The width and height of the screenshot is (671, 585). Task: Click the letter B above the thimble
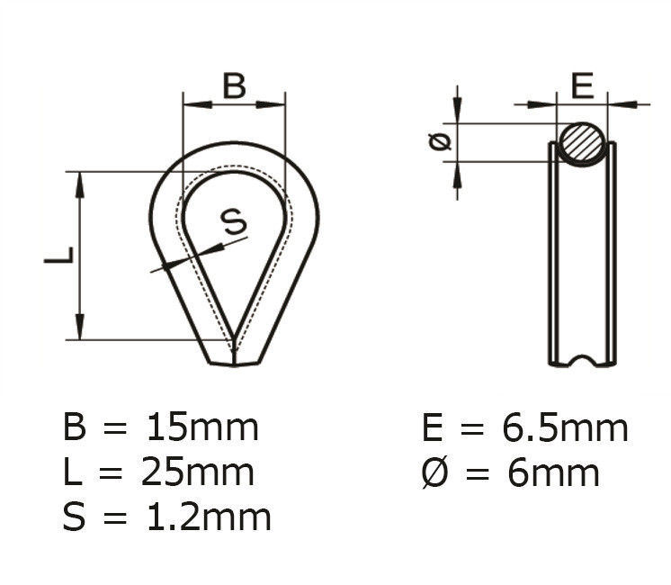[x=234, y=85]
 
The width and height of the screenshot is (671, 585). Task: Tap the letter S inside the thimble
[x=233, y=220]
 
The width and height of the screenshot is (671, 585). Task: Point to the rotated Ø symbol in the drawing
[x=440, y=142]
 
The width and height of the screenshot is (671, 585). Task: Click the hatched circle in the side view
[x=583, y=142]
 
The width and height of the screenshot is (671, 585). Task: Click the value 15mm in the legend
[x=202, y=427]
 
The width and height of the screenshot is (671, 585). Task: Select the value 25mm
[x=200, y=472]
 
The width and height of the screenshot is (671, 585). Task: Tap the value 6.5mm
[x=564, y=428]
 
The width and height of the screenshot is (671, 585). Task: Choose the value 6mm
[x=553, y=472]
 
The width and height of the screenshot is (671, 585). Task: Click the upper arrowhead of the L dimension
[x=80, y=184]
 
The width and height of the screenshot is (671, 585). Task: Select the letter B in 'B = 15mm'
[x=76, y=427]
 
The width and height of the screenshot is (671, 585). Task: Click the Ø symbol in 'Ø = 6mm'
[x=434, y=472]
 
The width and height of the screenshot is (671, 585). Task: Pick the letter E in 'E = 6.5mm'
[x=434, y=428]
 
